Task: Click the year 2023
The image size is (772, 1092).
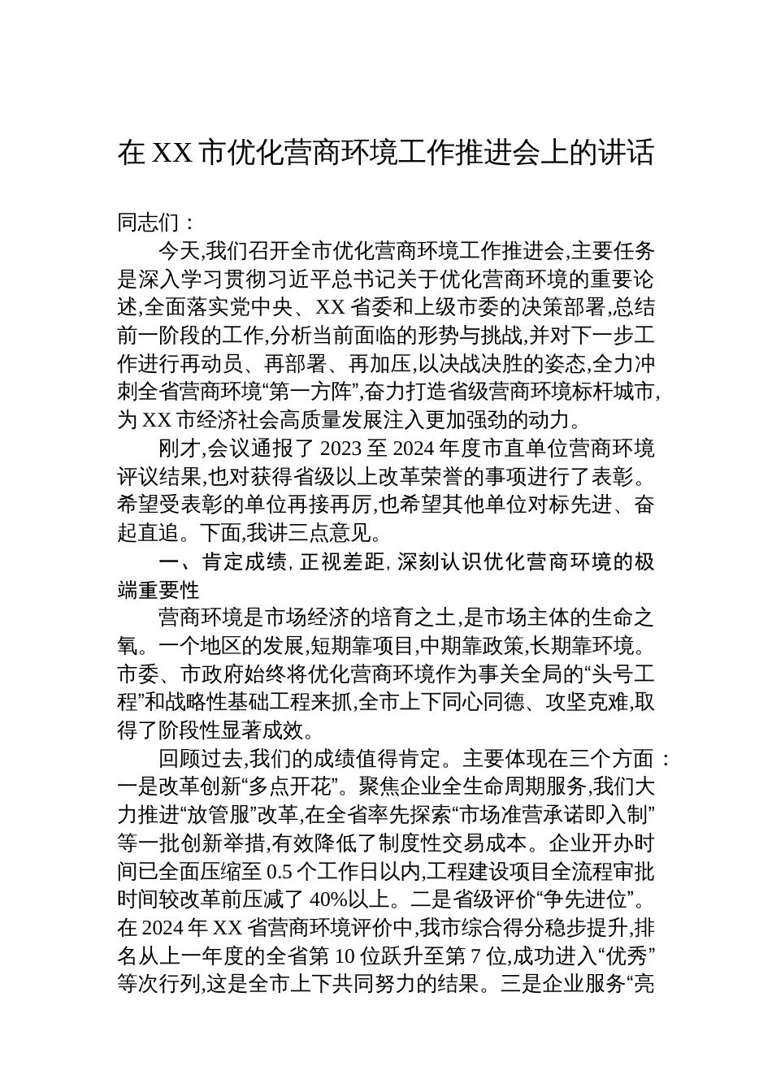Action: click(345, 448)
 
